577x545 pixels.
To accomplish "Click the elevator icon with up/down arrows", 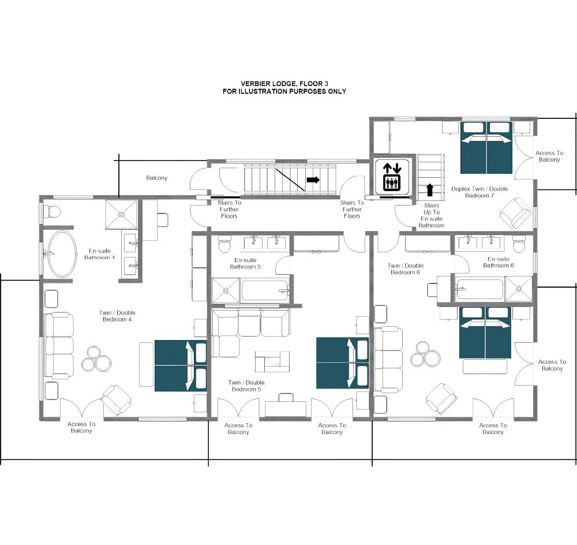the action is (392, 177).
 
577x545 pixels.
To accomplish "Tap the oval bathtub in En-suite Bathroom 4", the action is (62, 253).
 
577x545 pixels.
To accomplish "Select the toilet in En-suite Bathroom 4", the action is (52, 212).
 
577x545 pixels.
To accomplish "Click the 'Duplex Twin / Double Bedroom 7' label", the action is (479, 192).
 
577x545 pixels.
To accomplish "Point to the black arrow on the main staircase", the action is (313, 180).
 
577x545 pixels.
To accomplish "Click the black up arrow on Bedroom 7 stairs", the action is (429, 190).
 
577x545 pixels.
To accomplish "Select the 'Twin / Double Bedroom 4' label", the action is (117, 316).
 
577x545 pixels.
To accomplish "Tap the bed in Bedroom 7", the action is (486, 147).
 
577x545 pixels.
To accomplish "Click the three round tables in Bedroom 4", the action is (96, 359).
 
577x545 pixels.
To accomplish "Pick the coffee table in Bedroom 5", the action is (272, 361).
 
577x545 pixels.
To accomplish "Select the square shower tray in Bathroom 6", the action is (519, 289).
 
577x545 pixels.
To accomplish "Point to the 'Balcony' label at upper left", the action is (157, 178).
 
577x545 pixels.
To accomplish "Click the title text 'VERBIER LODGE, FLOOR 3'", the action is (284, 84).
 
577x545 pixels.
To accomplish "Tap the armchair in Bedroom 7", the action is (515, 212).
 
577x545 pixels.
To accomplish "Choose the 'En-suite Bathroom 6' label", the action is (499, 262).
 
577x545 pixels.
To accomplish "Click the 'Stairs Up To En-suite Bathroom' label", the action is (432, 215).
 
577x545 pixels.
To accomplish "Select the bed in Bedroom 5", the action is (343, 363).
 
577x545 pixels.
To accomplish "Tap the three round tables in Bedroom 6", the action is (425, 353).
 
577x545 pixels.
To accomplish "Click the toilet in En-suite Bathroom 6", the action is (519, 245).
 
